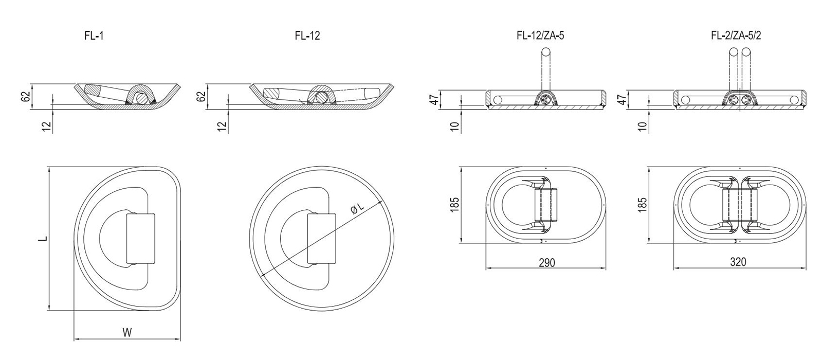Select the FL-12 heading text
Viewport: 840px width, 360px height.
pyautogui.click(x=307, y=36)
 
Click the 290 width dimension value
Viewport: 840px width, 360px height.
pyautogui.click(x=547, y=263)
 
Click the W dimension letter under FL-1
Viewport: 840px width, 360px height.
pyautogui.click(x=127, y=333)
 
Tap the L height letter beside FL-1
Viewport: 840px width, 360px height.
pyautogui.click(x=44, y=238)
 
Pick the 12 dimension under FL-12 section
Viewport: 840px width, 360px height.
pyautogui.click(x=222, y=126)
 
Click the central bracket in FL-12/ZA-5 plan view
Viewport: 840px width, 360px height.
pyautogui.click(x=545, y=205)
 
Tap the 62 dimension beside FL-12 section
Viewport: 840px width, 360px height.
pyautogui.click(x=200, y=96)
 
